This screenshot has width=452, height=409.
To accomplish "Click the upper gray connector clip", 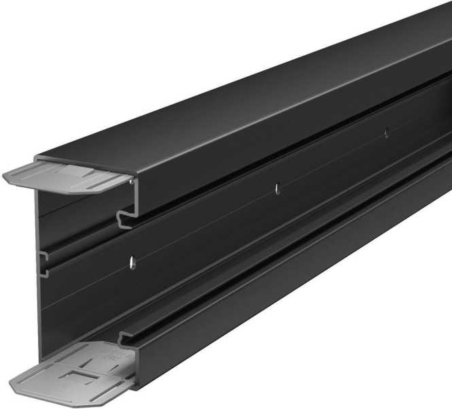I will coord(68,176).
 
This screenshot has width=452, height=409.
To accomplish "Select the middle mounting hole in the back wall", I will coord(277,189).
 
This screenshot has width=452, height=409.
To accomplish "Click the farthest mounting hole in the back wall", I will coord(386,132).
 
